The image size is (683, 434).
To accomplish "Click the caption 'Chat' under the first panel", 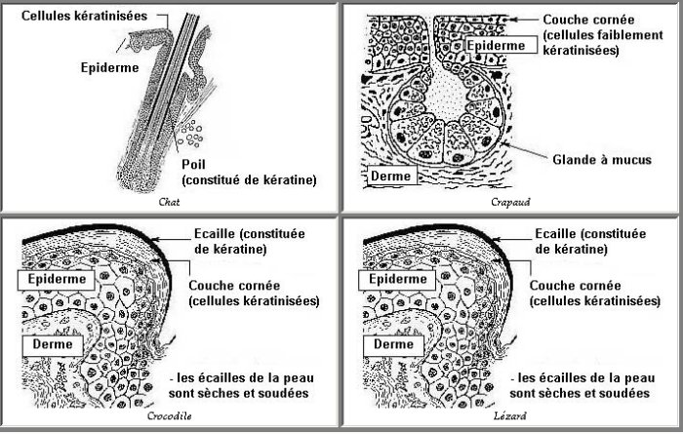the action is click(169, 202).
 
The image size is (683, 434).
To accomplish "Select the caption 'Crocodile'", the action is click(169, 415).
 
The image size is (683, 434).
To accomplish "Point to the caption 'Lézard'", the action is click(509, 415).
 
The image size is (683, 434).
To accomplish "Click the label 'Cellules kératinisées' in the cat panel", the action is click(85, 17).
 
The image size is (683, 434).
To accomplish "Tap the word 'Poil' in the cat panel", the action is click(193, 165).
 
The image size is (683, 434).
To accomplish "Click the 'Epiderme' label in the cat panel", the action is click(109, 68).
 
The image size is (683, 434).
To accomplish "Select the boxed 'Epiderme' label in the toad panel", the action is click(496, 45).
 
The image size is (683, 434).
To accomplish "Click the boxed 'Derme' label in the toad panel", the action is click(390, 176).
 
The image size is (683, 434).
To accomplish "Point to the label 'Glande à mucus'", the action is click(602, 160).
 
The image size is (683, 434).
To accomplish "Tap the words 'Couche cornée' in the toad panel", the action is click(588, 20).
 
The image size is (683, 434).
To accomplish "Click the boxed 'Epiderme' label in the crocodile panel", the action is click(57, 280).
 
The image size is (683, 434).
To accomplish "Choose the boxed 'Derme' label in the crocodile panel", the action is click(53, 345).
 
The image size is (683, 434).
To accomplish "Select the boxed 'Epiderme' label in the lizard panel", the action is click(397, 280).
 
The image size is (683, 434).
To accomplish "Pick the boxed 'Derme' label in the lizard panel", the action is click(393, 345).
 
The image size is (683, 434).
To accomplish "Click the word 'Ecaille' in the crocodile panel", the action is click(215, 234).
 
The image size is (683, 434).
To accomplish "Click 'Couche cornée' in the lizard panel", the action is click(575, 286).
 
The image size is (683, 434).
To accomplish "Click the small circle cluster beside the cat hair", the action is click(191, 134).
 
